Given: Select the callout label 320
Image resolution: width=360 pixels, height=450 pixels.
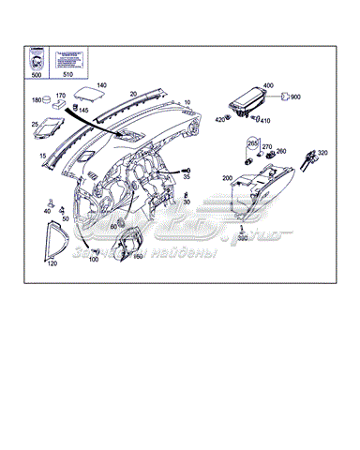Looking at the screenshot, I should tap(322, 152).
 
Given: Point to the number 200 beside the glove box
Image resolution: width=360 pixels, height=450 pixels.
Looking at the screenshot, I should tap(227, 177).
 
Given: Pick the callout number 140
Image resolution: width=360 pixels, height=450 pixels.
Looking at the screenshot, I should tap(101, 84).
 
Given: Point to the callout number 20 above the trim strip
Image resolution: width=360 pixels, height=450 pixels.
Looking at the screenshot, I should tap(133, 94).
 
